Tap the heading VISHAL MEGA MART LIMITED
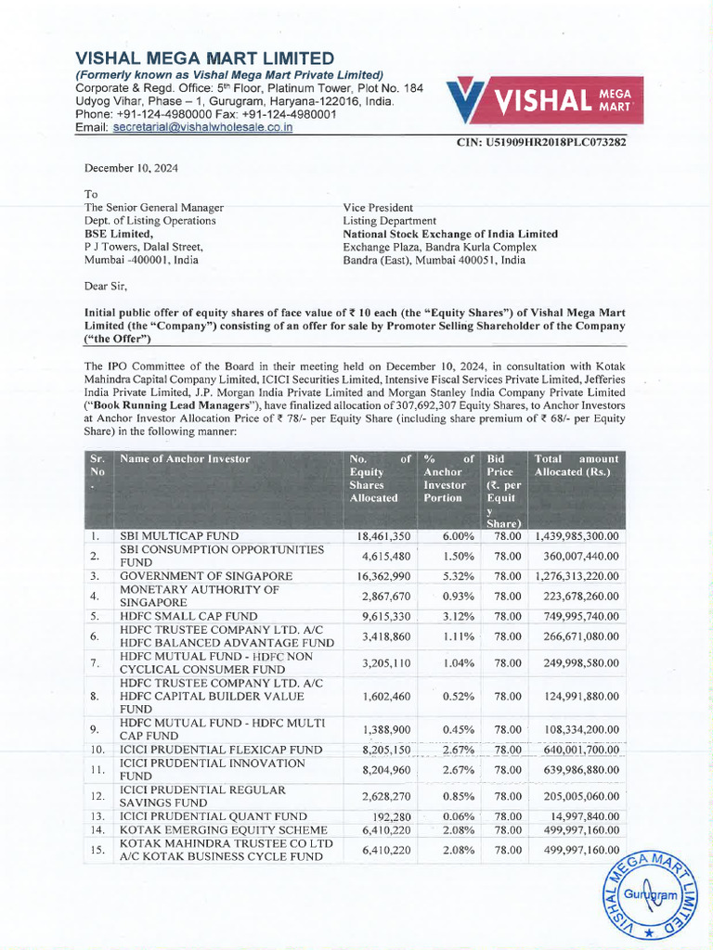pos(204,58)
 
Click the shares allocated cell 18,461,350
pos(383,536)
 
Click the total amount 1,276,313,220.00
pos(576,576)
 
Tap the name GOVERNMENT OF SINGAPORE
pos(206,576)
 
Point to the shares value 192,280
pos(391,815)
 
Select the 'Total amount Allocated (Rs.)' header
pos(576,466)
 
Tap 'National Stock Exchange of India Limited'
pos(450,234)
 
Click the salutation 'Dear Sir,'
pos(108,287)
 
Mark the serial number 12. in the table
pos(96,795)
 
